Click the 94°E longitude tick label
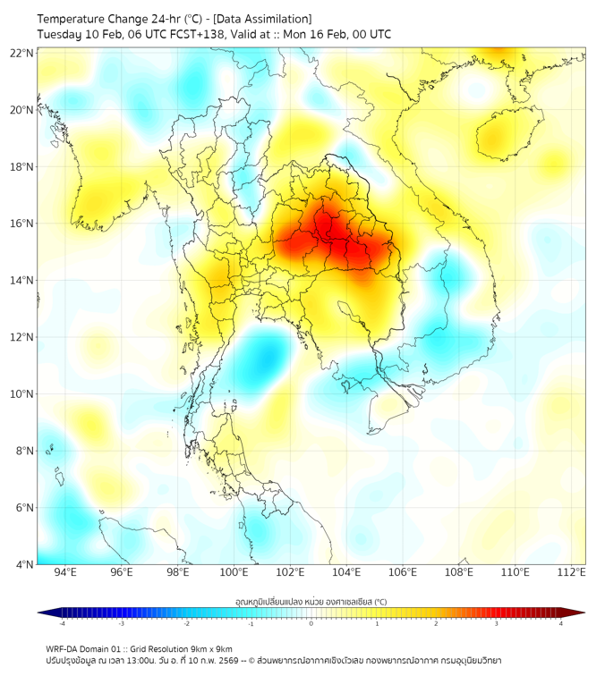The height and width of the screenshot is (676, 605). [x=65, y=572]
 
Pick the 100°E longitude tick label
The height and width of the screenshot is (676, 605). [x=234, y=572]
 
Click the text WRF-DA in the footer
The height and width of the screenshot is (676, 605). [x=64, y=648]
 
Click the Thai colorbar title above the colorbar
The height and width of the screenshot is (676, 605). [x=311, y=602]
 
